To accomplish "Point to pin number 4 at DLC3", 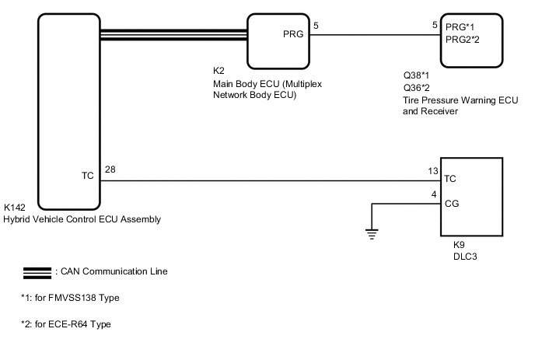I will [x=434, y=195].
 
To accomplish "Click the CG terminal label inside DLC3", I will [x=451, y=204].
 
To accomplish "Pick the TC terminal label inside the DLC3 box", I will [x=450, y=179].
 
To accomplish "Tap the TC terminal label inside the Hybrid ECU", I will [x=87, y=176].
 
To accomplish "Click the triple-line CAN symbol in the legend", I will [x=37, y=273].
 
